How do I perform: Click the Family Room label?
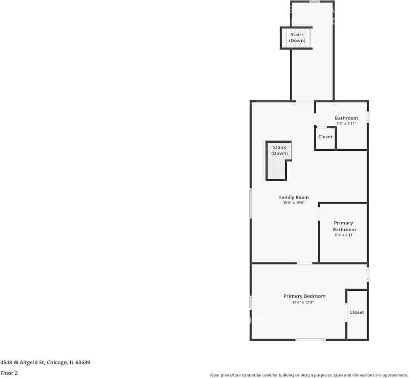294,197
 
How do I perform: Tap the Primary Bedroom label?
304,296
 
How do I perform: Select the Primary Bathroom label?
344,226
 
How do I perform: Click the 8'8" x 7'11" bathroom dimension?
346,123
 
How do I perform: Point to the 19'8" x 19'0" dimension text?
294,203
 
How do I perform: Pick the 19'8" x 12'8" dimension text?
303,302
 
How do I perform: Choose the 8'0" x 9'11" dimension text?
344,235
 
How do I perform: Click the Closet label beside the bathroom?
325,137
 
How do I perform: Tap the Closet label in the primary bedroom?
357,312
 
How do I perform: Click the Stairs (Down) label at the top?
297,37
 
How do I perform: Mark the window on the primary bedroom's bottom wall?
311,339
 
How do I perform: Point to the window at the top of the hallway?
314,2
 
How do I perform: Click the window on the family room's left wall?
251,204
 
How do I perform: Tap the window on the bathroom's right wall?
368,117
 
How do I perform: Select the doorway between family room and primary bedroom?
304,263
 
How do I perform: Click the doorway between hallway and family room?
305,101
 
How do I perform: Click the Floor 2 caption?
9,373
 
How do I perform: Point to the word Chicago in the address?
57,362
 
